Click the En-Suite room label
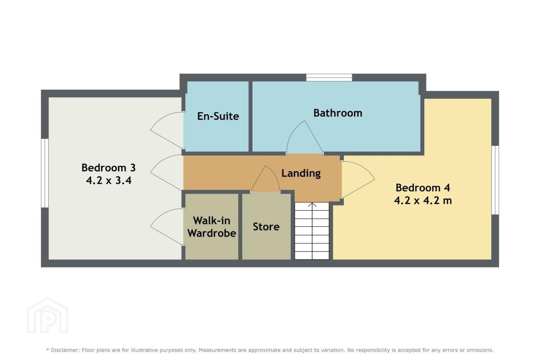tap(218, 116)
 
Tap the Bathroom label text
tap(338, 113)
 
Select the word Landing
tap(301, 173)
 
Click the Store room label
tap(266, 226)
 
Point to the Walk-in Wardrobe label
tap(211, 227)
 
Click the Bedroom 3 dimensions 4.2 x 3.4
tap(109, 180)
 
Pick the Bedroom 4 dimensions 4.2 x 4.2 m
tap(423, 200)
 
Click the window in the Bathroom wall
tap(329, 78)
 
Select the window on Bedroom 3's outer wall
tap(45, 173)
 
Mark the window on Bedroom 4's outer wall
tap(495, 180)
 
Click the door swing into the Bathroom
tap(304, 137)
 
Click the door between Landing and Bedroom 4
tap(358, 179)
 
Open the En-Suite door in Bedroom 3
tap(167, 130)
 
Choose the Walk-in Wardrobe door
tap(167, 226)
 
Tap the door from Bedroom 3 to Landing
tap(167, 172)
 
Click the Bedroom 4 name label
tap(423, 188)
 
